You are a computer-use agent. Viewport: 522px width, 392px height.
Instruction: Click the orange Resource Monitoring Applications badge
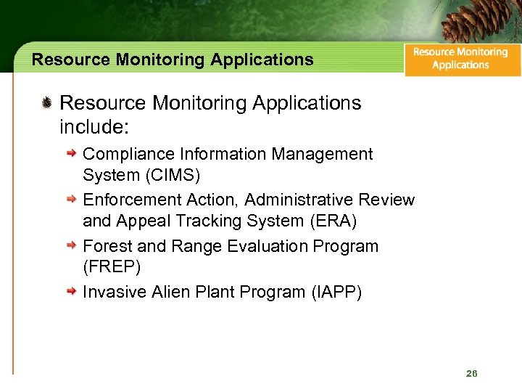pyautogui.click(x=462, y=58)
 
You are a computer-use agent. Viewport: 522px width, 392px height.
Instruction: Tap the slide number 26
pyautogui.click(x=472, y=373)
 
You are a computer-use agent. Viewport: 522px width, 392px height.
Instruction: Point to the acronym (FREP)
pyautogui.click(x=112, y=266)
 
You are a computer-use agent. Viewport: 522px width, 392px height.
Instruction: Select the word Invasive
pyautogui.click(x=113, y=292)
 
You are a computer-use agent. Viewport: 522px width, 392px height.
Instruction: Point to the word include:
pyautogui.click(x=94, y=128)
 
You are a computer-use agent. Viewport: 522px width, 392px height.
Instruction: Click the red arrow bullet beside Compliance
pyautogui.click(x=72, y=154)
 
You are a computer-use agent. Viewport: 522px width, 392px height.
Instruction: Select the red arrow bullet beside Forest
pyautogui.click(x=72, y=246)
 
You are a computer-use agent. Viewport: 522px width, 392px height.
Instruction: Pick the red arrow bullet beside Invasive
pyautogui.click(x=72, y=292)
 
